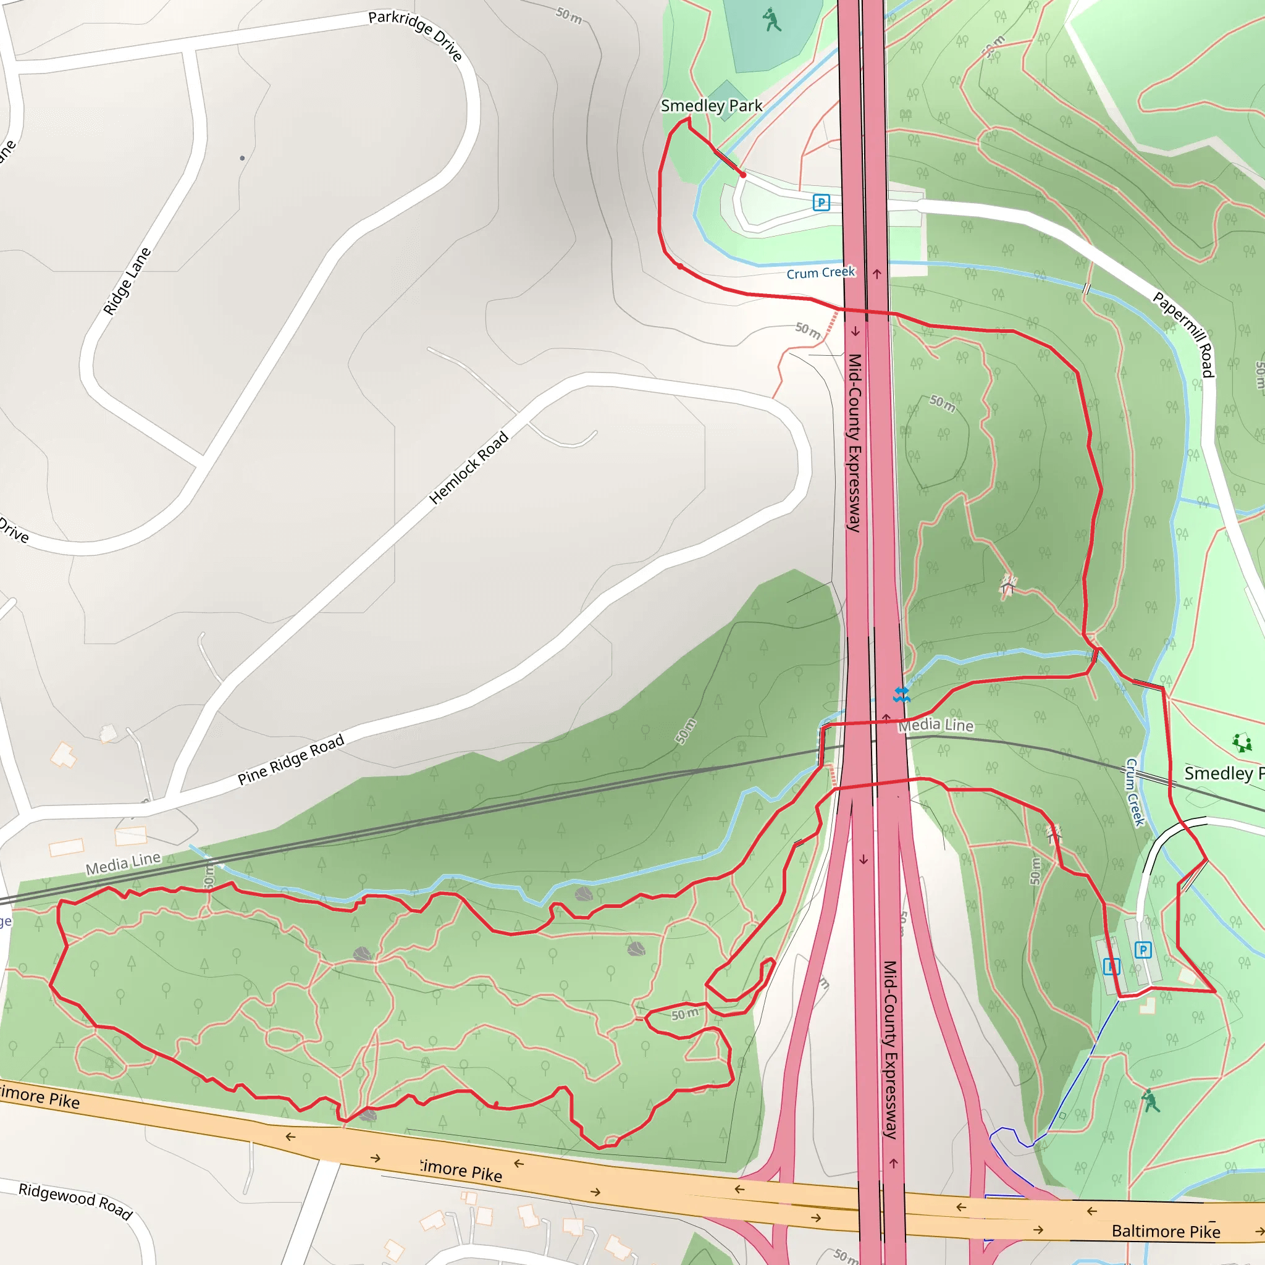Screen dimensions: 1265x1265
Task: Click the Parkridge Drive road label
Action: pos(416,35)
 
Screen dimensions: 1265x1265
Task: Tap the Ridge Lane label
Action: pos(127,282)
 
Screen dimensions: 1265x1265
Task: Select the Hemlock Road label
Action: pos(469,468)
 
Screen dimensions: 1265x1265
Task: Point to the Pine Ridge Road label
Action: pos(291,760)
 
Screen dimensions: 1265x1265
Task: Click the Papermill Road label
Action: pos(1185,334)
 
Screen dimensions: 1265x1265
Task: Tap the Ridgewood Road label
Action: pos(75,1201)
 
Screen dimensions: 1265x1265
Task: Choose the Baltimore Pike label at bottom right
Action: pos(1166,1232)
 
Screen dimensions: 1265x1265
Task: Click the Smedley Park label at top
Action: pos(711,106)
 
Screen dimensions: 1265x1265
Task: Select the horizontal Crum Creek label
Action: pos(820,272)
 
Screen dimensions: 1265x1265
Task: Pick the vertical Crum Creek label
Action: pos(1135,792)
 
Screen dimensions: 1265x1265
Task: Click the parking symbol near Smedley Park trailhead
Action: pos(821,203)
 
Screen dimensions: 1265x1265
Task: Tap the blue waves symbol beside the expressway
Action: pos(902,695)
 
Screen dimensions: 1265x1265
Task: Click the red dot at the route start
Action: pos(743,175)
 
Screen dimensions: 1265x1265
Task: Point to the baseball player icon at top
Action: pos(773,20)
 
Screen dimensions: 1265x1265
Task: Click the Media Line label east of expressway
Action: pos(936,725)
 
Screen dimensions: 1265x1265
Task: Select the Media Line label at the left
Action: pos(123,863)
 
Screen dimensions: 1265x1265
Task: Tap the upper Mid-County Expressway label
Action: pos(854,443)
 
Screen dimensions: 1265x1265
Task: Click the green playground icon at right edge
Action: pos(1242,742)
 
